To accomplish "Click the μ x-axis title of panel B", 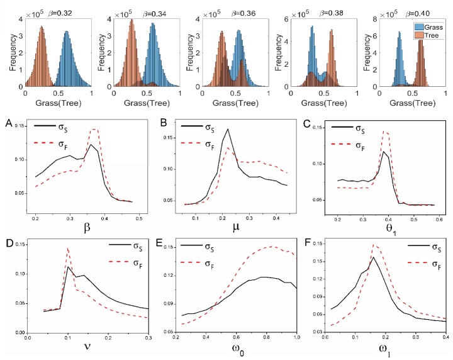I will click(x=234, y=228).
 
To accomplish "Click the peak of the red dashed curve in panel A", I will click(x=94, y=129).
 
